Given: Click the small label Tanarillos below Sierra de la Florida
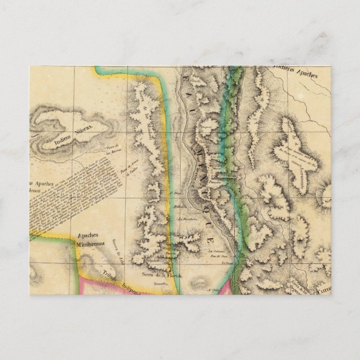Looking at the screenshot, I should point(163,284).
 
